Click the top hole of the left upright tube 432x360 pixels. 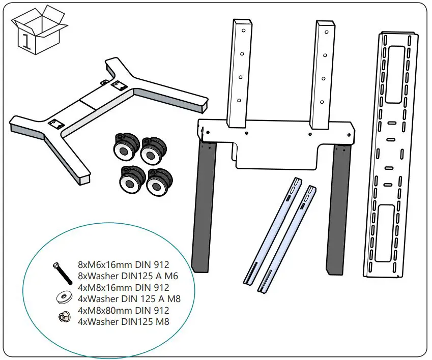point(243,31)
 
